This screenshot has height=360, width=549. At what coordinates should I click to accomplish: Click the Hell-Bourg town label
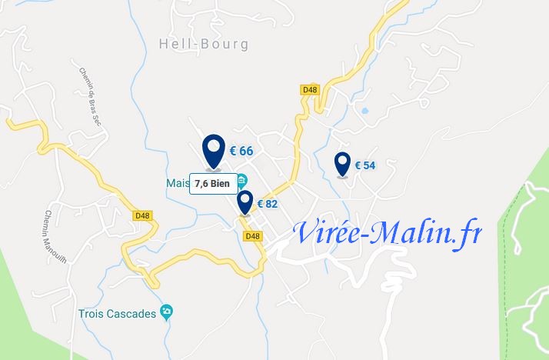pos(204,44)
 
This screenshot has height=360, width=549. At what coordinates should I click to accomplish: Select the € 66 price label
pos(241,151)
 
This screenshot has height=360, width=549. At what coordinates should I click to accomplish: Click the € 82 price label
pos(267,204)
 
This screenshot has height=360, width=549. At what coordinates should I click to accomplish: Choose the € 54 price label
pos(364,165)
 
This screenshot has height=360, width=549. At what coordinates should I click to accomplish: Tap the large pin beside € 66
pos(214,150)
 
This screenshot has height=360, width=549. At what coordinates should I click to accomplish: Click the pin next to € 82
pos(245,202)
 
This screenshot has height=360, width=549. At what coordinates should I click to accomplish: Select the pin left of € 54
pos(342,164)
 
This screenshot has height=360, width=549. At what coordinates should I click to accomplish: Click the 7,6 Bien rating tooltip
pos(213,183)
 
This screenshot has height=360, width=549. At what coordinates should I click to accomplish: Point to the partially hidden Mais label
pos(177,183)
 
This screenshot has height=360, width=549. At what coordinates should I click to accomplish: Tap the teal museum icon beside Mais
pos(241,181)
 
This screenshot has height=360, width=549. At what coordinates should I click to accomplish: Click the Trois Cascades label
pos(118,313)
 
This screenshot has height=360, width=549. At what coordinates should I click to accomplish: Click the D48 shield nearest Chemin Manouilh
pos(142,216)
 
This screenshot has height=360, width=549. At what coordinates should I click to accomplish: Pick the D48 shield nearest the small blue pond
pos(309,89)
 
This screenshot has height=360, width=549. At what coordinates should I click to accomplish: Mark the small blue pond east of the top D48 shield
pos(364,111)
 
